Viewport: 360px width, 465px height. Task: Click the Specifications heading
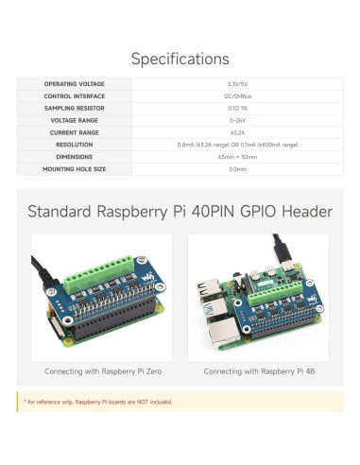(x=180, y=59)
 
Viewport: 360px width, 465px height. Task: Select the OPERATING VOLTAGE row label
(x=74, y=84)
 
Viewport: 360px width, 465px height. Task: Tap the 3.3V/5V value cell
(x=237, y=84)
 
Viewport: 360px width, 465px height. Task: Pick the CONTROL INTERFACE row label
(x=74, y=96)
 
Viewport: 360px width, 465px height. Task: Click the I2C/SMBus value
(x=237, y=96)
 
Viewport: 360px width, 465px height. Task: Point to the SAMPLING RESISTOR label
(x=74, y=109)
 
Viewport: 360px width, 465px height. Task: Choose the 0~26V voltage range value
(x=237, y=121)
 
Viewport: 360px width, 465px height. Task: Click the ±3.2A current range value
(x=237, y=133)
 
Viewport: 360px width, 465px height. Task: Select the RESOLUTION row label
(x=74, y=145)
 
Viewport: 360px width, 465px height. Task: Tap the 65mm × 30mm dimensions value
(x=237, y=157)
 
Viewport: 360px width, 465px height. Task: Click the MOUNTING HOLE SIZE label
(x=74, y=169)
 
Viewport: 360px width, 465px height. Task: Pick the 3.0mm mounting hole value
(x=237, y=169)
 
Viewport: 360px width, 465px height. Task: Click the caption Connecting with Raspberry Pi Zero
(x=102, y=371)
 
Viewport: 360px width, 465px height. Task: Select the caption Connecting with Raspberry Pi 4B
(x=258, y=371)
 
